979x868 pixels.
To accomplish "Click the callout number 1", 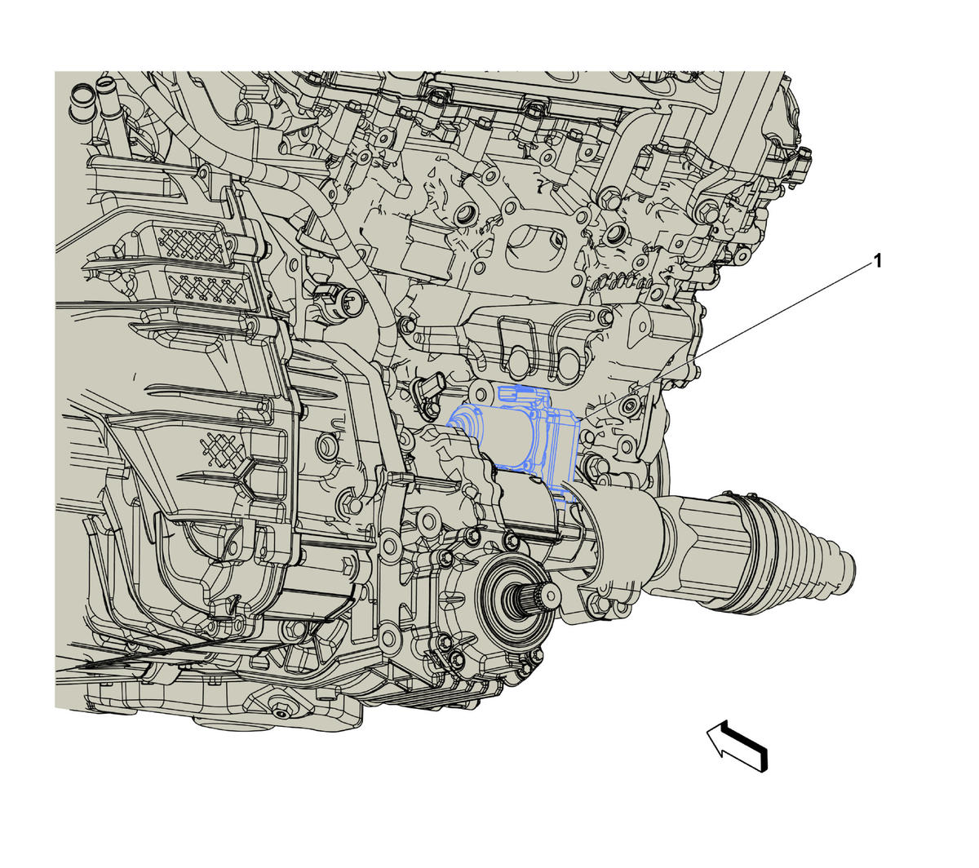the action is [x=878, y=262].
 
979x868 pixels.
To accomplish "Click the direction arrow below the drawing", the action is [x=738, y=746].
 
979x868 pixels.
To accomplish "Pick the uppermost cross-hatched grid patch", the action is [x=191, y=244].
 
